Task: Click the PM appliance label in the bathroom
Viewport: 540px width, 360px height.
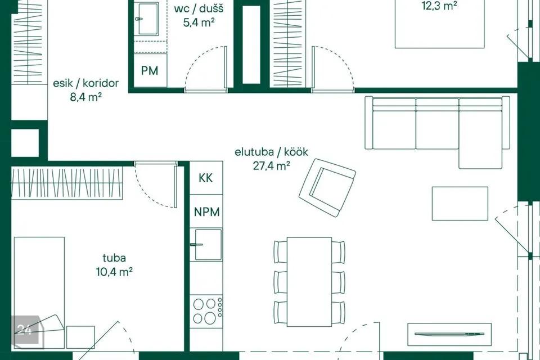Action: click(x=150, y=71)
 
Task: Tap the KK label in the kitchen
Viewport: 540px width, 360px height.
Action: click(x=206, y=178)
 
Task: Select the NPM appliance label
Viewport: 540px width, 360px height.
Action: click(x=206, y=211)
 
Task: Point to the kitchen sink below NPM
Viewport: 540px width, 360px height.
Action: click(x=208, y=245)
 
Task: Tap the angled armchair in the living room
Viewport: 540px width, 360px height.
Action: click(x=327, y=187)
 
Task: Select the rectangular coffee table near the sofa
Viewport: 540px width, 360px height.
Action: click(x=460, y=203)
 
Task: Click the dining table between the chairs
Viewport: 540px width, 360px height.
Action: click(x=309, y=282)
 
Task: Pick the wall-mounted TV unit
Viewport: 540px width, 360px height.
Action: click(x=449, y=334)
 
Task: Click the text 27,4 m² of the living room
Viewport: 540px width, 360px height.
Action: click(x=271, y=166)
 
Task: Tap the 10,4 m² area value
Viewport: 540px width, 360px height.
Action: click(x=114, y=272)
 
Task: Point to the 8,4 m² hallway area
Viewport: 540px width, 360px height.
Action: click(x=85, y=97)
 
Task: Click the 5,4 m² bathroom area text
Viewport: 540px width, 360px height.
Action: click(x=199, y=22)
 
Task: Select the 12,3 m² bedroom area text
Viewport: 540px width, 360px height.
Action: click(x=439, y=6)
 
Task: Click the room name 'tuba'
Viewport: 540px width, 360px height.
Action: click(x=114, y=258)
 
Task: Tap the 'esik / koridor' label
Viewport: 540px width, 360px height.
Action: click(x=85, y=83)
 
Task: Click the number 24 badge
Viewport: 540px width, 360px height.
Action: click(x=25, y=330)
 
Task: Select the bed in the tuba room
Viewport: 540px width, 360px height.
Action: click(x=39, y=293)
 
